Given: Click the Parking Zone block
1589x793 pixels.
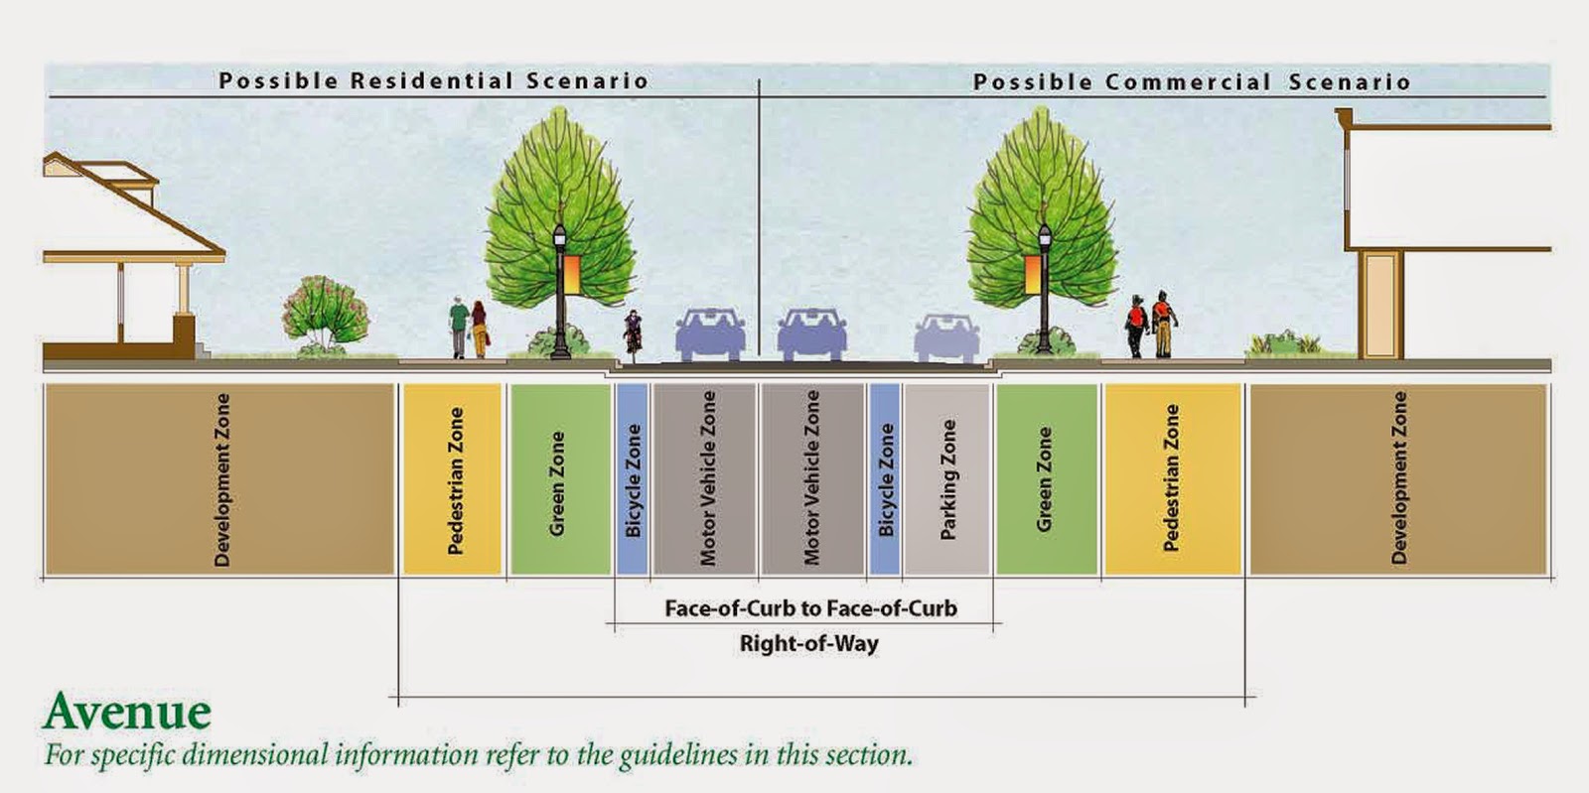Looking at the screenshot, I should (946, 479).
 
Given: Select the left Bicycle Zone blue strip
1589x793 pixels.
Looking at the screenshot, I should (632, 479).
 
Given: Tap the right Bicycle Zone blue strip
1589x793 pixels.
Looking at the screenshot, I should (884, 479).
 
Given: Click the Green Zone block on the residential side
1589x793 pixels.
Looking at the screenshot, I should (559, 479).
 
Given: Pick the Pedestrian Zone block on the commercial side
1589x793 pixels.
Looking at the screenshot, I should (1172, 479).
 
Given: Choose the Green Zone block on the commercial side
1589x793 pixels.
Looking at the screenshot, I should (1046, 479).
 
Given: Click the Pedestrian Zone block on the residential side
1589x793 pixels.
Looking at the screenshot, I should (453, 479).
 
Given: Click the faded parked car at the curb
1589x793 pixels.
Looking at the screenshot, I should (947, 337).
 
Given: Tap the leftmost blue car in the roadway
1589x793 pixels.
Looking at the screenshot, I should (710, 333).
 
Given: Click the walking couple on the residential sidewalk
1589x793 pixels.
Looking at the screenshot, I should (468, 328).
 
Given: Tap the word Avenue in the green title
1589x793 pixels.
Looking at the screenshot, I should (127, 712).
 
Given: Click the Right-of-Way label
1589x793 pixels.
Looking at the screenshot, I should (808, 643).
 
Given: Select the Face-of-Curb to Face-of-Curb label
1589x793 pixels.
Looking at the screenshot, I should (810, 607).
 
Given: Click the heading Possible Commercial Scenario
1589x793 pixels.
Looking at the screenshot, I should (1191, 82).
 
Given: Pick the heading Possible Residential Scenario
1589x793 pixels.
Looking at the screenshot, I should (433, 80).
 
